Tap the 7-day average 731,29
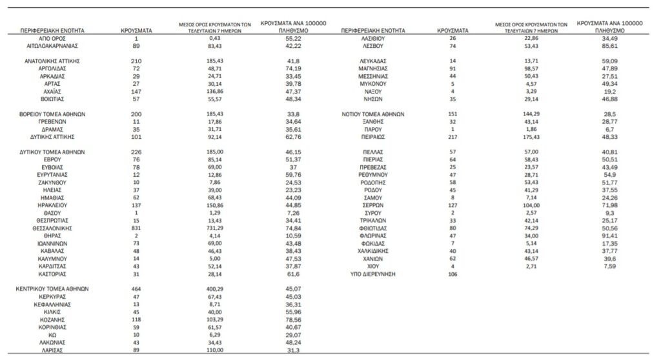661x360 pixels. coord(215,228)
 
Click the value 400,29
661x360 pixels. coord(215,289)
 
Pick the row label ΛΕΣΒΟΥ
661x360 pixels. coord(372,46)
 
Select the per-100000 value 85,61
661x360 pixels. coord(609,46)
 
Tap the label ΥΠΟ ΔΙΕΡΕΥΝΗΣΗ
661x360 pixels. coord(372,274)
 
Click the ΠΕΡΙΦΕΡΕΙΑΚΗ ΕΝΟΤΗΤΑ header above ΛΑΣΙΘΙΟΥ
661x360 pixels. coord(372,30)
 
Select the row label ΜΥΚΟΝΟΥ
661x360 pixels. coord(372,84)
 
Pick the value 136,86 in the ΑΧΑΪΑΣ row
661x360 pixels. coord(215,91)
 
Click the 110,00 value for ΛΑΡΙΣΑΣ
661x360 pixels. coord(215,350)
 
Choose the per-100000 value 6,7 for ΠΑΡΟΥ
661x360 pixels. coord(609,129)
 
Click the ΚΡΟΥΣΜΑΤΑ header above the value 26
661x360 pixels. coord(453,30)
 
